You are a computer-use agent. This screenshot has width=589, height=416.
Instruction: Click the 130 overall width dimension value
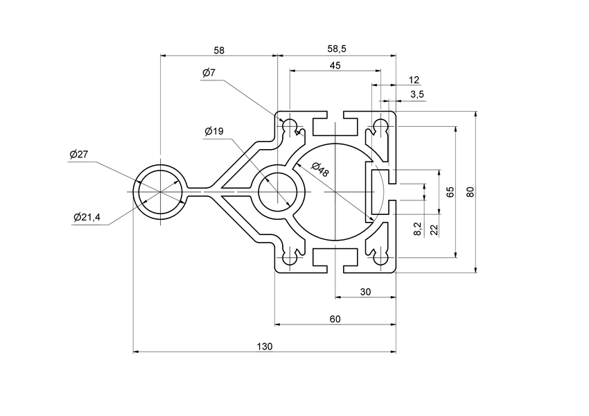[265, 346]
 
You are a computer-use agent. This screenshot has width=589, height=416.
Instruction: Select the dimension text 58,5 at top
[337, 50]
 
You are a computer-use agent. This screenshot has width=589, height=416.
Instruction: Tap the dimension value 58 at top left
[219, 50]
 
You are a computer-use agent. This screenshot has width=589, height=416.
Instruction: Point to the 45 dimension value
[335, 65]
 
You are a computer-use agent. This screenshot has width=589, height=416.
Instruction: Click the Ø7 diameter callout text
[210, 73]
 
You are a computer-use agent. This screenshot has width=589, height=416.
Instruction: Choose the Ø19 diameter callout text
[214, 131]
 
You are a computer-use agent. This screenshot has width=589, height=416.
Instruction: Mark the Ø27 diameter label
[78, 155]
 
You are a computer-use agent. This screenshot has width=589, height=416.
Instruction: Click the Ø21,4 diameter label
[87, 218]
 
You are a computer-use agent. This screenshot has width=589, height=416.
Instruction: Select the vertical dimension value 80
[471, 191]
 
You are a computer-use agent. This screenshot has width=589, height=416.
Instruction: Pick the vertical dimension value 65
[450, 192]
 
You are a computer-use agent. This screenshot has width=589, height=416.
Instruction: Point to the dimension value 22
[434, 229]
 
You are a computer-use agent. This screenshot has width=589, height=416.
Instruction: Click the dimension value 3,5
[417, 94]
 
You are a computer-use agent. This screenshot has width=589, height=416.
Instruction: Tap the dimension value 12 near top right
[414, 80]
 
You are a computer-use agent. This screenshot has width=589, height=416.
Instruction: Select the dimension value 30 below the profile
[366, 292]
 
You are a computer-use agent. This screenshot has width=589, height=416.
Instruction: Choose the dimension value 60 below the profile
[335, 319]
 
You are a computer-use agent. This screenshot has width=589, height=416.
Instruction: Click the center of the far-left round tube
[161, 192]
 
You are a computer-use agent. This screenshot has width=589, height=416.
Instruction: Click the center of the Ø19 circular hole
[278, 192]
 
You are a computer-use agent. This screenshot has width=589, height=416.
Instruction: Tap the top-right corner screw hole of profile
[380, 126]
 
